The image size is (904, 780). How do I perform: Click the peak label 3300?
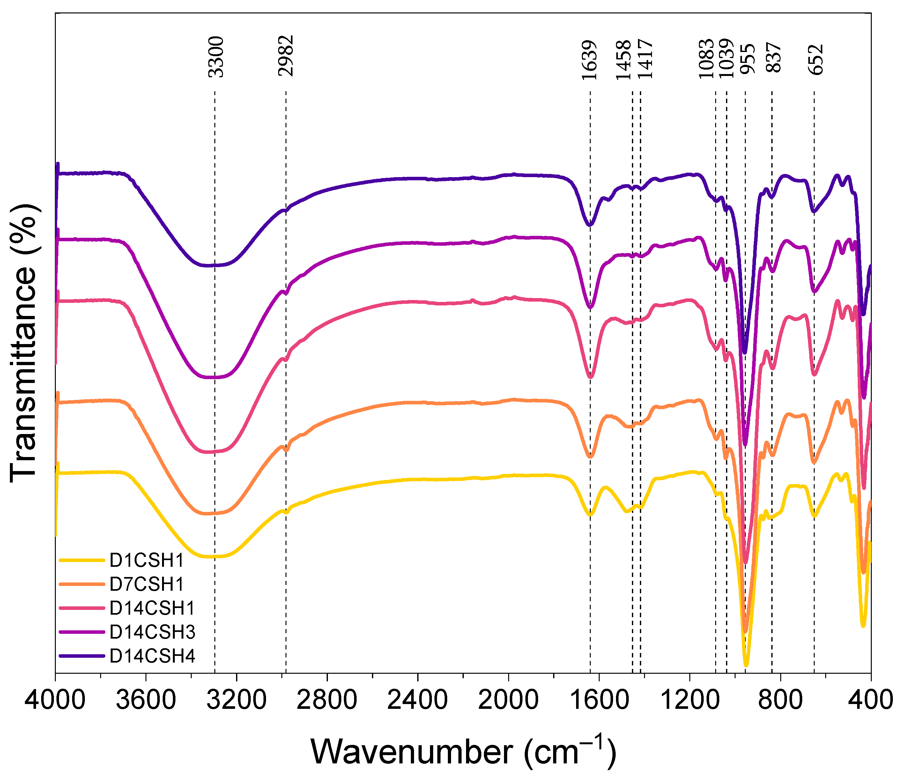coord(216,57)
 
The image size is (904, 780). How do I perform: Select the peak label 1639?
coord(589,60)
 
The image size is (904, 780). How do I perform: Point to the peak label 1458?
coord(624,60)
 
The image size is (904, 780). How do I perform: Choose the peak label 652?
coord(816,60)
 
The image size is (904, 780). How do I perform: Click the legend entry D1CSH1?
coord(147,560)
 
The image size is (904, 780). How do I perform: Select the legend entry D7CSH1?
coord(147,584)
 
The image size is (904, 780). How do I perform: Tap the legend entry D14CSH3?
coord(152,632)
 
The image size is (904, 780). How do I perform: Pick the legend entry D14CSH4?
coord(152,656)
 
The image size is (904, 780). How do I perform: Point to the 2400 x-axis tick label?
coord(418,701)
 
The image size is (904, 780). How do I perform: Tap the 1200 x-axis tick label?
coord(689,701)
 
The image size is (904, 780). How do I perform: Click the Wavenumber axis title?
coord(463,752)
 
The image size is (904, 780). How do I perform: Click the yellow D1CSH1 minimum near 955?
coord(746,665)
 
